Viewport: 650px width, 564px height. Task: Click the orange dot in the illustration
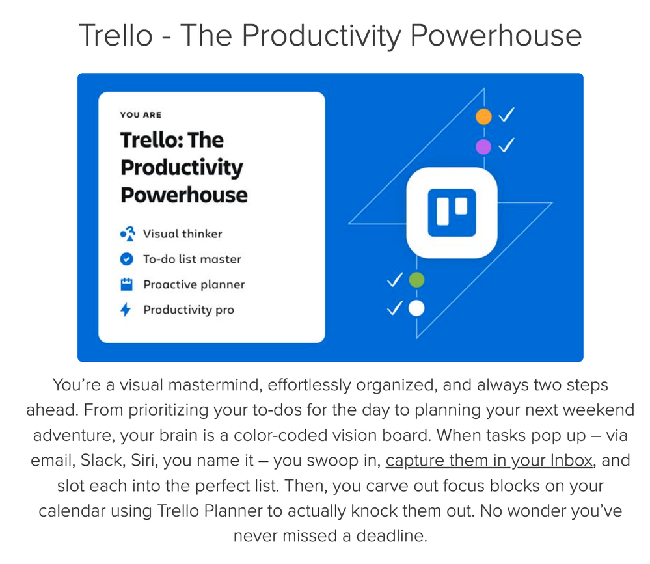tap(483, 116)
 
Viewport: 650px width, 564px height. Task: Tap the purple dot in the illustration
tap(483, 147)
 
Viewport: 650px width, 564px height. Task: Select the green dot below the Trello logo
tap(416, 280)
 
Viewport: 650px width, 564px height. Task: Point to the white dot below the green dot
tap(416, 308)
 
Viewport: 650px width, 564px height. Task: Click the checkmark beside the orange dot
tap(507, 114)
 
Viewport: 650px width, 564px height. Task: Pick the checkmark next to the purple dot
tap(507, 144)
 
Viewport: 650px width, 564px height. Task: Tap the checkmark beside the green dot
tap(395, 280)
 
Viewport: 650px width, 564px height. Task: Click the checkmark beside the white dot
tap(395, 308)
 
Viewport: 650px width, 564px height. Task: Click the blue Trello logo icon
tap(452, 213)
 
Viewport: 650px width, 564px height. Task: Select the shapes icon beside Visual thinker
tap(128, 234)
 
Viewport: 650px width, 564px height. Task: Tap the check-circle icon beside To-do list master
tap(126, 259)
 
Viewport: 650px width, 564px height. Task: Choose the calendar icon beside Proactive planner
tap(126, 284)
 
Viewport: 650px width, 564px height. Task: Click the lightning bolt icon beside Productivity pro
tap(126, 310)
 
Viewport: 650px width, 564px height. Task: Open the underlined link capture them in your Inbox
tap(489, 461)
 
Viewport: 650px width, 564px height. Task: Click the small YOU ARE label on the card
tap(141, 114)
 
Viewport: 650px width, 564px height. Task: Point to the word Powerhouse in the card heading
tap(184, 195)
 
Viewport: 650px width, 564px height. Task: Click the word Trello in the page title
tap(116, 35)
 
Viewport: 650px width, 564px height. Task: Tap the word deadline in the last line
tap(391, 536)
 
